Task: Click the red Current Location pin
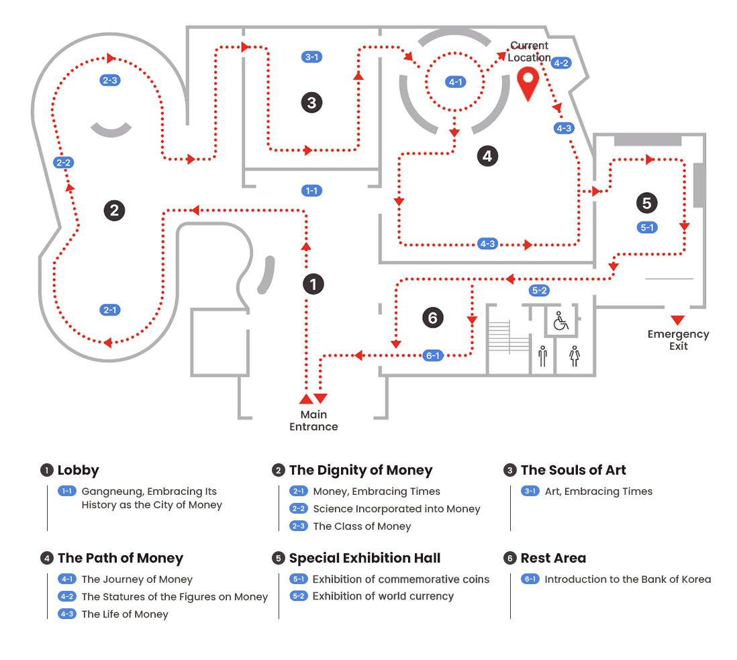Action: (x=529, y=83)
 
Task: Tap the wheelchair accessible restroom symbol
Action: (x=560, y=322)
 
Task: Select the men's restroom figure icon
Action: (x=542, y=356)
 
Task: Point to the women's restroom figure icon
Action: (x=574, y=356)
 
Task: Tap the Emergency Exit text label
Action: (x=678, y=340)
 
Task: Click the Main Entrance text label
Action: (x=313, y=420)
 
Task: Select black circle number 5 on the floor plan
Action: (x=646, y=203)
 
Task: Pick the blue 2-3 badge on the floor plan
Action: (x=109, y=81)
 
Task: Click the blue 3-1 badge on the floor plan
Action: (x=311, y=57)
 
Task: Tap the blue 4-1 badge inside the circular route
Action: (x=455, y=82)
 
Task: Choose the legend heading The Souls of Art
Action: (x=573, y=470)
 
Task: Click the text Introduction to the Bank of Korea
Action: (x=628, y=579)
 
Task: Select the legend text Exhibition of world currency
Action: (x=383, y=596)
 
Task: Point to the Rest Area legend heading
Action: (x=553, y=558)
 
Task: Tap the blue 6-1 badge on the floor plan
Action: (x=433, y=356)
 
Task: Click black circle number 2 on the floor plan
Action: (x=114, y=210)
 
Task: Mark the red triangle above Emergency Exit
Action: (x=677, y=320)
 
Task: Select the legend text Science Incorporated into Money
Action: (x=397, y=509)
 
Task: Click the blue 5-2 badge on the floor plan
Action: (x=539, y=291)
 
